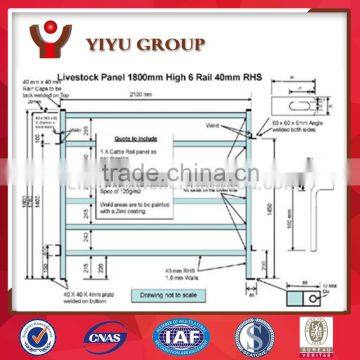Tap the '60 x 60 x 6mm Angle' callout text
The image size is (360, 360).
pos(299,129)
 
